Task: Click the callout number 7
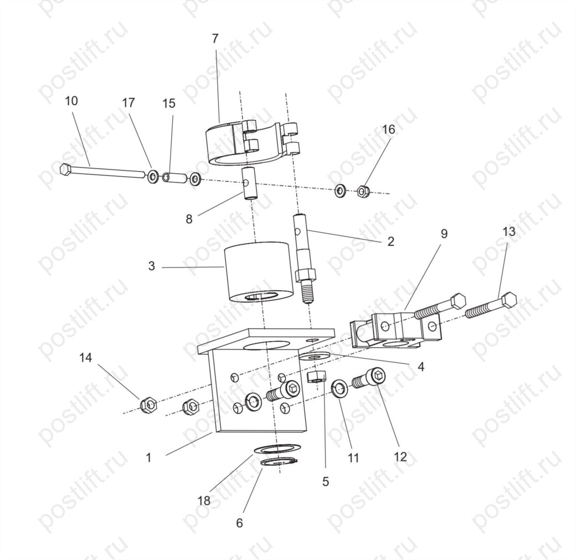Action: click(215, 39)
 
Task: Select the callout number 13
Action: click(509, 232)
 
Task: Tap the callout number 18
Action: click(204, 500)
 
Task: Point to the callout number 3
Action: click(152, 266)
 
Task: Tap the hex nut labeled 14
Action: click(148, 405)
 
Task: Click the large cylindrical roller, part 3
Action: click(259, 272)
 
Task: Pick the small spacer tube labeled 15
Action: click(174, 178)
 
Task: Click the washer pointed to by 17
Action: click(153, 177)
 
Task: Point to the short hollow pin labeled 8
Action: click(250, 183)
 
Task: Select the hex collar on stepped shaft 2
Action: click(305, 274)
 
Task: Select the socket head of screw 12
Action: click(377, 377)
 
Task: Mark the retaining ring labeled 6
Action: click(279, 462)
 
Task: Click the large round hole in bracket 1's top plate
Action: click(266, 345)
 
